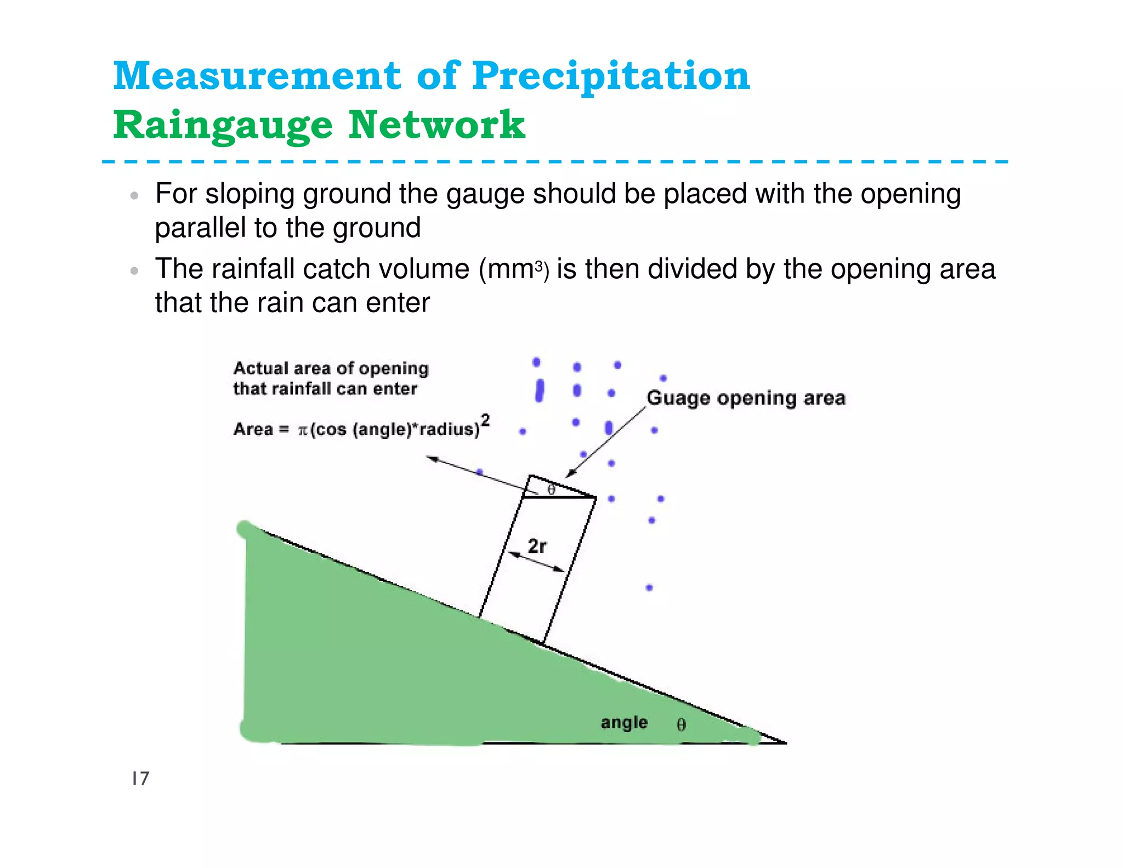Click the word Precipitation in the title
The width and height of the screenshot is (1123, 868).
[611, 77]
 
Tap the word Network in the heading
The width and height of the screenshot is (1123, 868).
[437, 125]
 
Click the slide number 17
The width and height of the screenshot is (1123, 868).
[140, 778]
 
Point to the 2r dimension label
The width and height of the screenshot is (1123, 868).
[537, 546]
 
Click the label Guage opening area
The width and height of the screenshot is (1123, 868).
[746, 398]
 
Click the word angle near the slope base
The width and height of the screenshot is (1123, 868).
[624, 723]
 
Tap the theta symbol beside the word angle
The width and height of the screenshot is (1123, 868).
[681, 725]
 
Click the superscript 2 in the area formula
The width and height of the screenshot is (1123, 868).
[485, 420]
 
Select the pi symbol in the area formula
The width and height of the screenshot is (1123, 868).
[303, 430]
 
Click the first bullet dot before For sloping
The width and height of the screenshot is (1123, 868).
[134, 196]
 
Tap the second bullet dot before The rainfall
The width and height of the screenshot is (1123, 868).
[134, 270]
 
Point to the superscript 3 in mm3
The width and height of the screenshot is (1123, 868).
[539, 267]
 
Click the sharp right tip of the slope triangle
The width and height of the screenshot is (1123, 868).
[785, 743]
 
